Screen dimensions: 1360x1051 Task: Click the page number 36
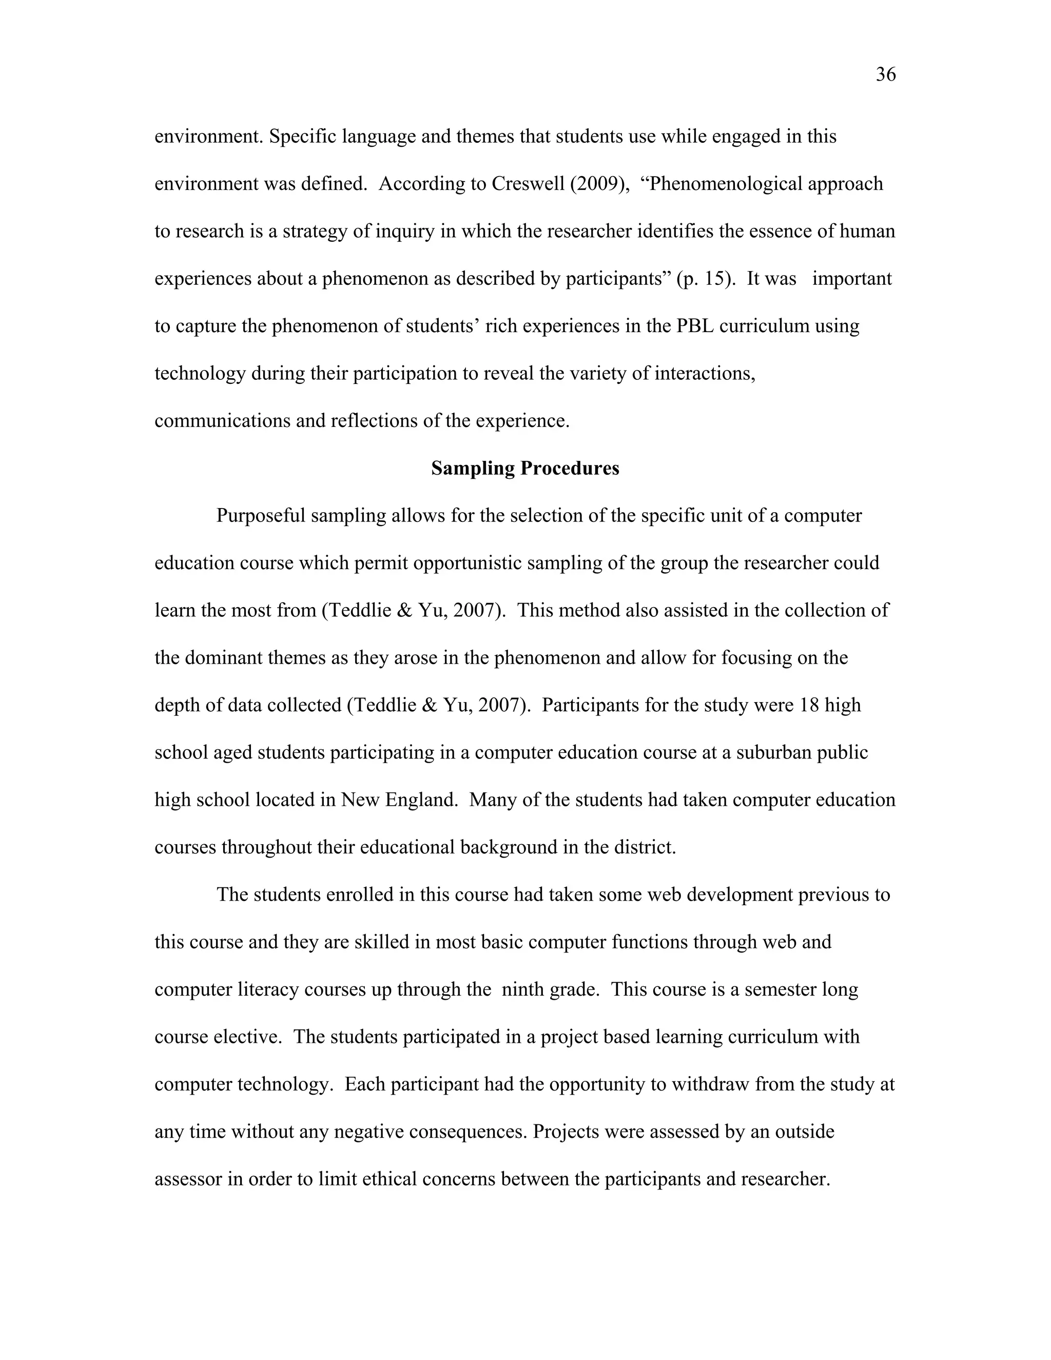[885, 75]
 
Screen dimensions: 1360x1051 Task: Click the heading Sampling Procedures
[525, 468]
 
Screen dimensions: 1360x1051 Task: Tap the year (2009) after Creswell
[599, 184]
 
